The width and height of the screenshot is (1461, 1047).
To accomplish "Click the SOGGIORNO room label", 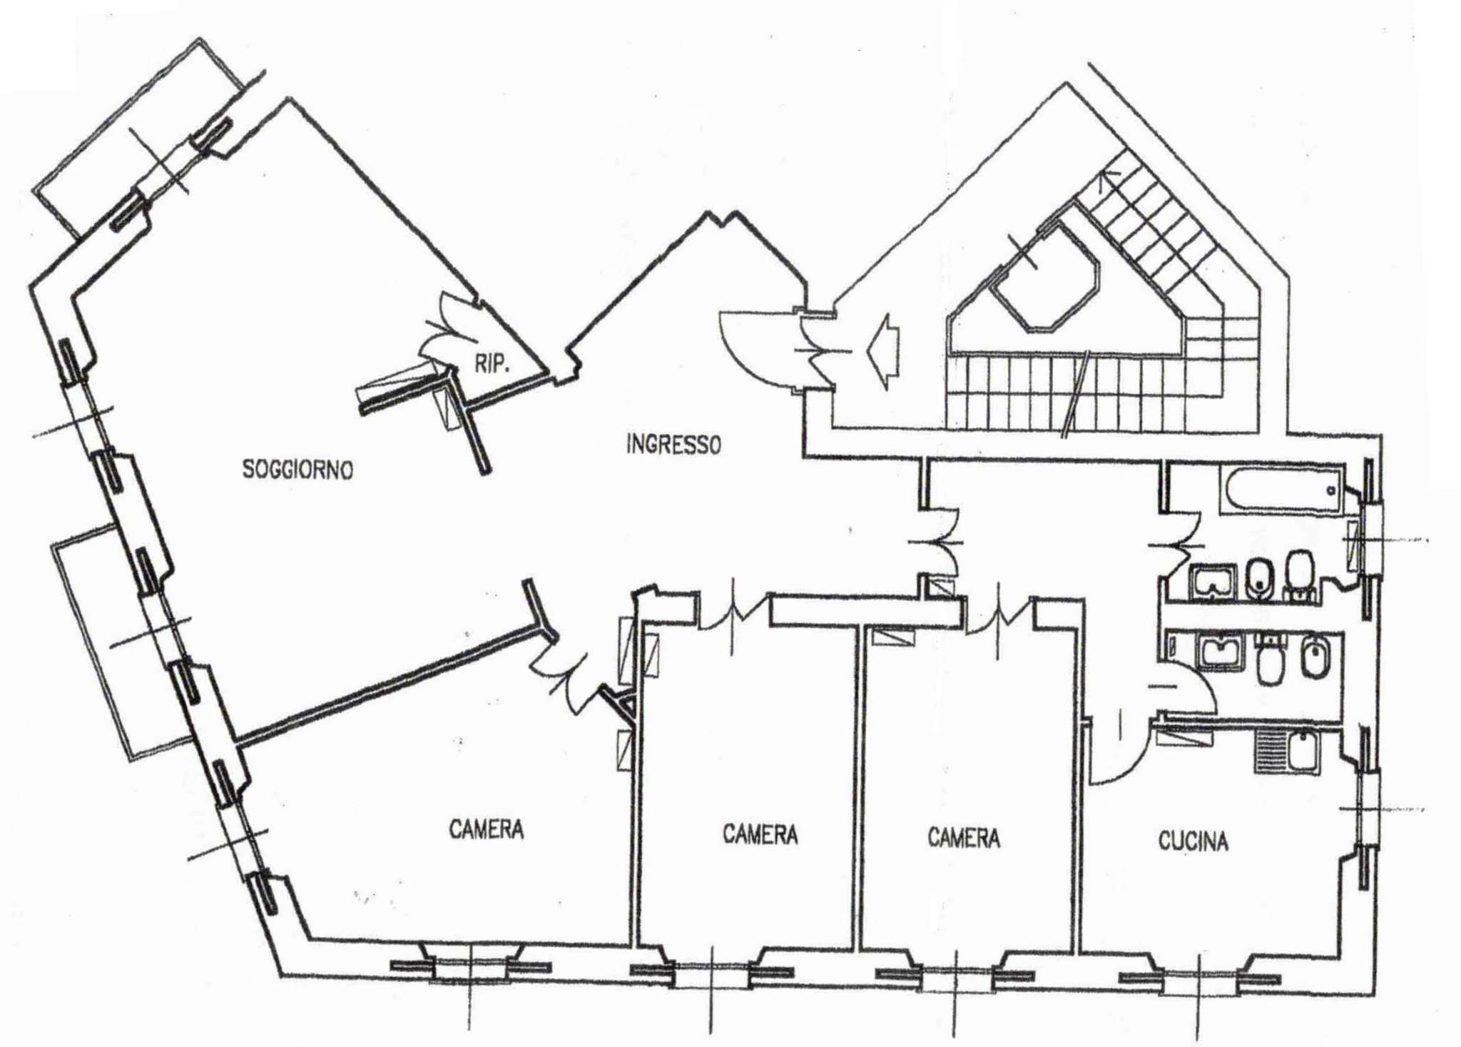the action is coord(297,470).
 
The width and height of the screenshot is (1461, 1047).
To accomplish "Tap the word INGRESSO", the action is coord(673,444).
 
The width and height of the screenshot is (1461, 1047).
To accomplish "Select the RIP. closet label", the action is coord(492,364).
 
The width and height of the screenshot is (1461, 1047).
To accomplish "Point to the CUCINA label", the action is coord(1193,841).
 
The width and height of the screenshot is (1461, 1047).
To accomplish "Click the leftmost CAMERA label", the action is coord(486,829).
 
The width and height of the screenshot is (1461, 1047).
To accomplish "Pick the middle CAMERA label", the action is coord(760,834).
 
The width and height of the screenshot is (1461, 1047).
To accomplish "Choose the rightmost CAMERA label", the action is coord(964,837).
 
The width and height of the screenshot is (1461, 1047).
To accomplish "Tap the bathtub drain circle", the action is coord(1330,490).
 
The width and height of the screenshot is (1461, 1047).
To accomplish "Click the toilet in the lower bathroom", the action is coord(1270,660).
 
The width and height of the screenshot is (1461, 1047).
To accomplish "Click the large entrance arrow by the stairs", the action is coord(883,351).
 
